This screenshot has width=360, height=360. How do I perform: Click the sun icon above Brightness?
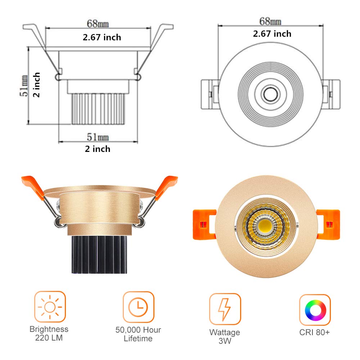50,307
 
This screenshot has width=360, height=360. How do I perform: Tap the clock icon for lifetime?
138,307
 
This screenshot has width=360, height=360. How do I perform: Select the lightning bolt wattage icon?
225,309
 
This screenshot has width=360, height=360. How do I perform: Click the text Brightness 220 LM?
49,333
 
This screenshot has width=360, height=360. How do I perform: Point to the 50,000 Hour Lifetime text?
138,334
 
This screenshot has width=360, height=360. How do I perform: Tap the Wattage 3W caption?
225,337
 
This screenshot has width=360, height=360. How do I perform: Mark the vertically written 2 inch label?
37,85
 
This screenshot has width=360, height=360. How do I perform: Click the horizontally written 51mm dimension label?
98,137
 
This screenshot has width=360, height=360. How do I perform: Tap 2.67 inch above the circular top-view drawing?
272,34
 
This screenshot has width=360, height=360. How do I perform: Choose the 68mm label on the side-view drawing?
98,24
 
